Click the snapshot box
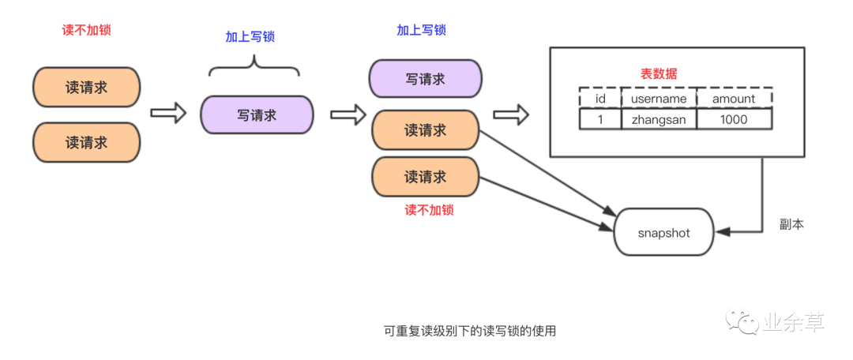[663, 233]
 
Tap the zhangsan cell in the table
[659, 119]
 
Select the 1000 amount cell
[734, 119]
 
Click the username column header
[659, 99]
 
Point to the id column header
[599, 99]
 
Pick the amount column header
[734, 99]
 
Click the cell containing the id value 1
[599, 119]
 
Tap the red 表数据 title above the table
[658, 74]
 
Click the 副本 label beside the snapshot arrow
[791, 225]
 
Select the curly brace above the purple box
[254, 67]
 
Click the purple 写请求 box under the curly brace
[257, 115]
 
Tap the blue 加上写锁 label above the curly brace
[250, 37]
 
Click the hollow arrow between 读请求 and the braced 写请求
[167, 113]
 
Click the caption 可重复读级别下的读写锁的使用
[470, 332]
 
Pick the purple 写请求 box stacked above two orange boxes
[426, 80]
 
